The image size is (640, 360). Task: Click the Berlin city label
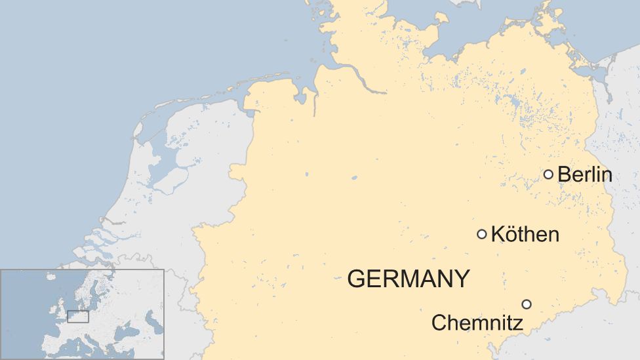tap(584, 175)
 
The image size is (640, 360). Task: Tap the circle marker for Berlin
tap(548, 174)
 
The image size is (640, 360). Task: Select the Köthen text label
tap(525, 234)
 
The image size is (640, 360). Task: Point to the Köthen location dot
tap(482, 234)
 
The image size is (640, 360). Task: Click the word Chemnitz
tap(477, 323)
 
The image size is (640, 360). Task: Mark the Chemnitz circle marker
tap(526, 304)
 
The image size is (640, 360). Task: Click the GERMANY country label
tap(408, 279)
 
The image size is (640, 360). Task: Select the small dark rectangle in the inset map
tap(78, 317)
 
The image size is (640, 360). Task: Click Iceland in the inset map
tap(50, 277)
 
